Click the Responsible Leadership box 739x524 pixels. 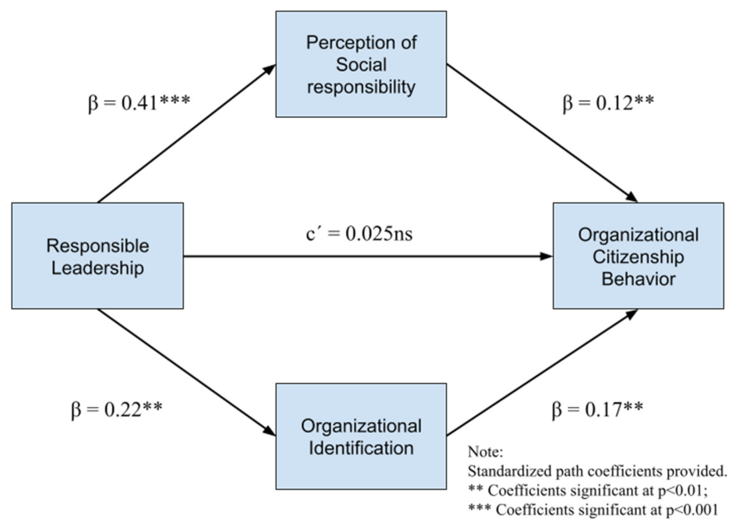pos(97,255)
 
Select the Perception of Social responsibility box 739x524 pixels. pos(361,64)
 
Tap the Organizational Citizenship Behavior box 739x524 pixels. pos(638,256)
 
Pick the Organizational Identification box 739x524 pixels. pos(361,436)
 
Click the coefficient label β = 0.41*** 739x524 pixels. pos(139,102)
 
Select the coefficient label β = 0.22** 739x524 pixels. pos(117,409)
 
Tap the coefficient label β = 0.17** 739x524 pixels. pos(597,409)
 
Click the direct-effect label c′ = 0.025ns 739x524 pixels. pos(359,234)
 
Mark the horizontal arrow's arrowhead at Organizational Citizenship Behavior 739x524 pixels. pos(547,256)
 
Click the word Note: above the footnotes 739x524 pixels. pos(485,452)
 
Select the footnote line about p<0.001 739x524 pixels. pos(592,510)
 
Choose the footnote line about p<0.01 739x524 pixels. pos(588,490)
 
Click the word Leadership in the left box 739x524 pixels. pos(97,268)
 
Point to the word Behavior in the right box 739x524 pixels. pos(638,279)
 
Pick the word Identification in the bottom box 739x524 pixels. pos(361,448)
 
